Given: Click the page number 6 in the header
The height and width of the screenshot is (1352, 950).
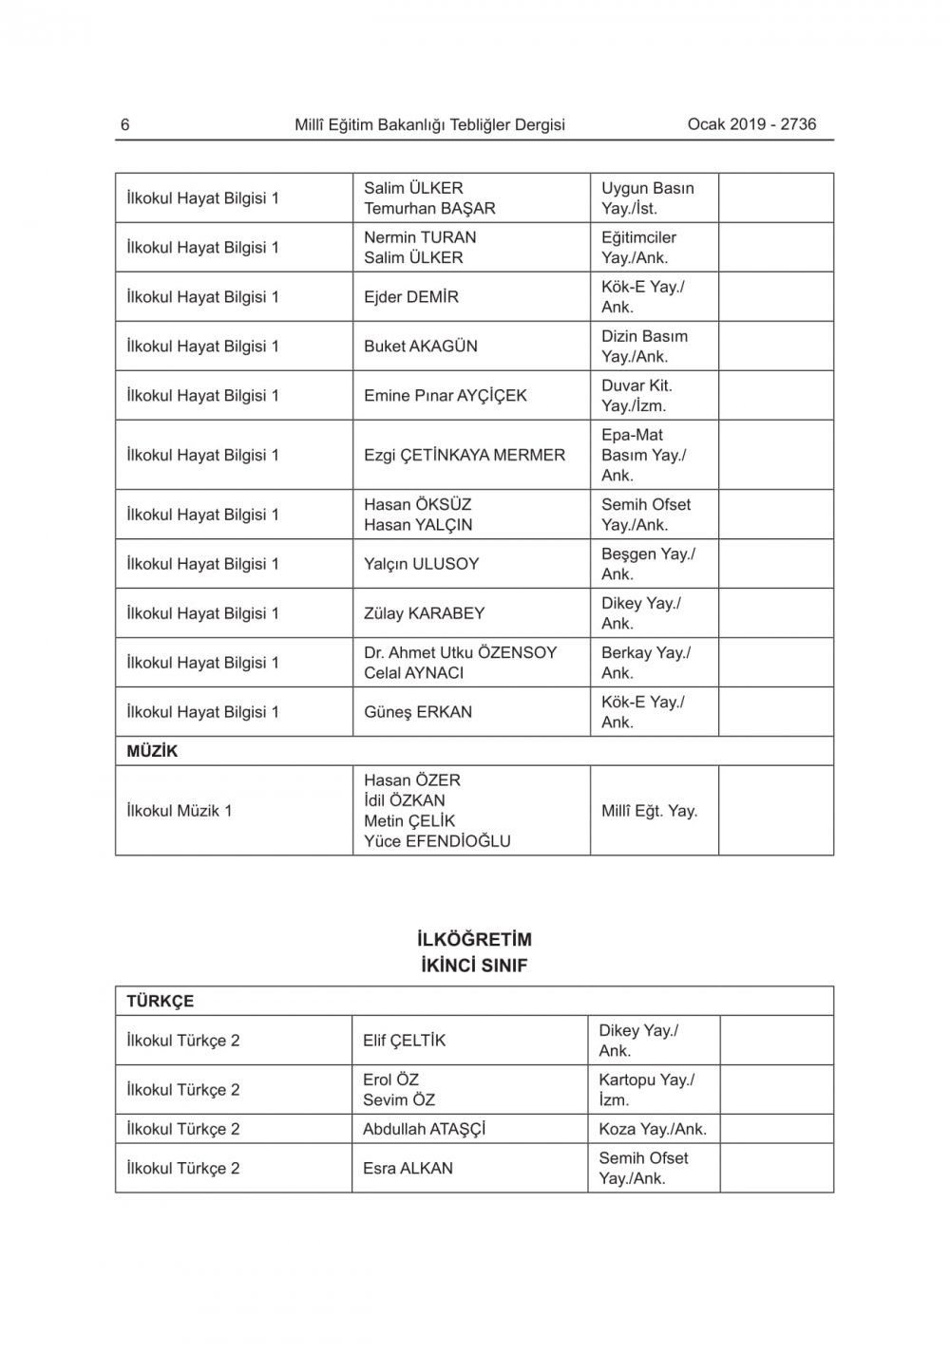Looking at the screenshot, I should pyautogui.click(x=125, y=124).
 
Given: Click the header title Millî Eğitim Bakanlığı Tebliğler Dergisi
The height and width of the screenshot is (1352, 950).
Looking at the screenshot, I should pyautogui.click(x=429, y=124).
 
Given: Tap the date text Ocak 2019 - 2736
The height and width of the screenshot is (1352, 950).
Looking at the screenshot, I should pyautogui.click(x=751, y=123).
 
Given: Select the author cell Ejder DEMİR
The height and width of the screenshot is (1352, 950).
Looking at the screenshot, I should pyautogui.click(x=410, y=297).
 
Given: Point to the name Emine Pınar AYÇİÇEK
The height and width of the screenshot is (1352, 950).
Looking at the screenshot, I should pyautogui.click(x=445, y=396).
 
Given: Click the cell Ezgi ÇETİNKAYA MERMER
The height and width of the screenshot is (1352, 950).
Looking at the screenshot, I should pyautogui.click(x=464, y=455).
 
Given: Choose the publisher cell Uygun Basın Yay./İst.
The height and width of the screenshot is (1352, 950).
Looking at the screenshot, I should pyautogui.click(x=647, y=198).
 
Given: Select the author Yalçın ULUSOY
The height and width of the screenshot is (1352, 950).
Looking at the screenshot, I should pyautogui.click(x=421, y=564).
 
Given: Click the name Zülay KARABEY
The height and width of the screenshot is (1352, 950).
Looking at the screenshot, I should pyautogui.click(x=424, y=613).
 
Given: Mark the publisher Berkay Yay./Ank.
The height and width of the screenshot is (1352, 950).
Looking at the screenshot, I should pyautogui.click(x=645, y=663).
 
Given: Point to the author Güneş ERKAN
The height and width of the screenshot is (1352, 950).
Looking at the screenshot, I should pyautogui.click(x=417, y=712).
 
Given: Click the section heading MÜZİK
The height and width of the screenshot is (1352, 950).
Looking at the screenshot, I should pyautogui.click(x=152, y=751).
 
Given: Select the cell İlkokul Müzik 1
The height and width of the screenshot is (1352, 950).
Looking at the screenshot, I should pyautogui.click(x=179, y=811).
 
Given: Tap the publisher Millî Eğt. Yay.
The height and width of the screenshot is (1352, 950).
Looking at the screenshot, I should pyautogui.click(x=649, y=811).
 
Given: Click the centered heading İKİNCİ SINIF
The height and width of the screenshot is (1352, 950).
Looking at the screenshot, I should pyautogui.click(x=474, y=966).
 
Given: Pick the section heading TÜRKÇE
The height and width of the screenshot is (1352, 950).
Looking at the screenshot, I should pyautogui.click(x=160, y=1002).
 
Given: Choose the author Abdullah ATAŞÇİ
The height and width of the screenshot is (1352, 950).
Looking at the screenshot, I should pyautogui.click(x=424, y=1129).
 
